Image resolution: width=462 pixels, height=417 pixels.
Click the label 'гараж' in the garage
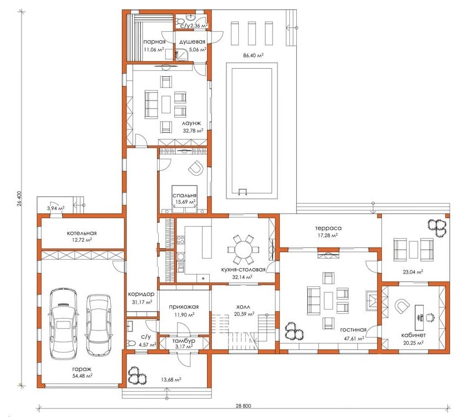(x=82, y=369)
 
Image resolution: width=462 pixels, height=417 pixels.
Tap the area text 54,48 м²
(x=82, y=376)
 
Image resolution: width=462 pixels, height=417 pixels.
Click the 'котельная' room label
(x=82, y=233)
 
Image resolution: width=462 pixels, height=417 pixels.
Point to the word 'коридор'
(x=141, y=294)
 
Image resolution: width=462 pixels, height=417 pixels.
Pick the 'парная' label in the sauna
(x=154, y=42)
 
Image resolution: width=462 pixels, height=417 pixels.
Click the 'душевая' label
(x=192, y=42)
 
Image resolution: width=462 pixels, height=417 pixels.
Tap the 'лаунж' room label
(x=191, y=123)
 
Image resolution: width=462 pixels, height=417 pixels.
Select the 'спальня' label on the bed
(x=184, y=196)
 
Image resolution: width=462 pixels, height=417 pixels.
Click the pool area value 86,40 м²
(x=253, y=55)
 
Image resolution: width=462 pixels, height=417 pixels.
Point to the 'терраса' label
(x=329, y=228)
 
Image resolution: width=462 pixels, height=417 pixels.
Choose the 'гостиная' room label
(x=353, y=330)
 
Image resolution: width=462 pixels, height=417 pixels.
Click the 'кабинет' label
(x=414, y=335)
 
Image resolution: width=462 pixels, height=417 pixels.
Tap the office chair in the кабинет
(x=430, y=317)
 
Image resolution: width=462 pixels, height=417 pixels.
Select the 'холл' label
(x=244, y=307)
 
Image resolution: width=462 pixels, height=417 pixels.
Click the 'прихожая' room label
(x=184, y=307)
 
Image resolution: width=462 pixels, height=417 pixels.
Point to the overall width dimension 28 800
(x=244, y=406)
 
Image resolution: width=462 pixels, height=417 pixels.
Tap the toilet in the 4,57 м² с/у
(x=131, y=343)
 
